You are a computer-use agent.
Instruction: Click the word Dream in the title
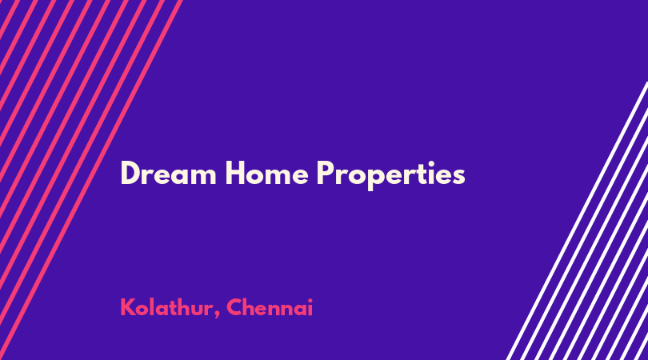click(x=168, y=173)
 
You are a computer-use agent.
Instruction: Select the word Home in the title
click(x=267, y=173)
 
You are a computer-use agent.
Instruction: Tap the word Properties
click(x=391, y=175)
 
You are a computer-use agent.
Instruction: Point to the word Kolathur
click(x=166, y=307)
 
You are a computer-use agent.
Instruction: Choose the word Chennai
click(x=270, y=307)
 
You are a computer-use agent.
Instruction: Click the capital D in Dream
click(x=130, y=173)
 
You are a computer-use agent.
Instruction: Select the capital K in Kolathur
click(x=127, y=307)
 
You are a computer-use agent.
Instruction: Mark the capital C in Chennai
click(x=234, y=307)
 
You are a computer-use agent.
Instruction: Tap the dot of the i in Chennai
click(x=310, y=300)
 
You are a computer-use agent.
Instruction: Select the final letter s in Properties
click(x=458, y=177)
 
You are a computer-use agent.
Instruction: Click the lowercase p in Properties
click(x=372, y=179)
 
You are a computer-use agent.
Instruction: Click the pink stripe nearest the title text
click(x=90, y=180)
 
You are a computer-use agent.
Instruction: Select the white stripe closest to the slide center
click(x=577, y=221)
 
